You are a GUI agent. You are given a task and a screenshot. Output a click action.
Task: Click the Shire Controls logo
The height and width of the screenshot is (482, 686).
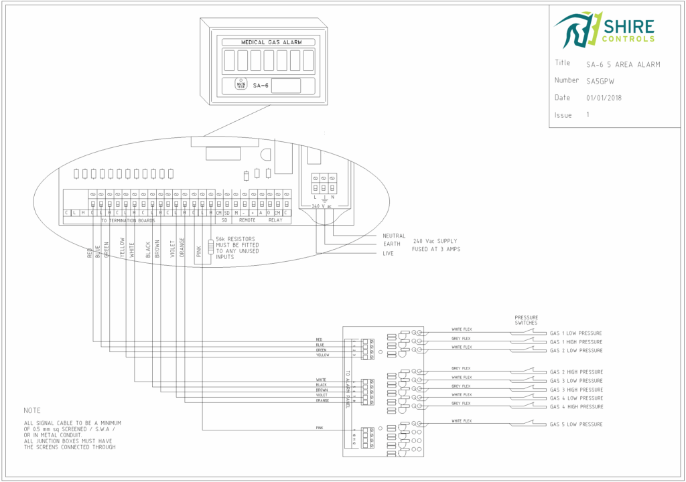point(604,29)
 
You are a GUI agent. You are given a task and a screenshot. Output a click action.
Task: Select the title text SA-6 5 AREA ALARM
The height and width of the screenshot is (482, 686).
point(623,64)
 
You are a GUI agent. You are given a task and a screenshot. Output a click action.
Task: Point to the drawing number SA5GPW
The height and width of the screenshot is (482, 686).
point(600,81)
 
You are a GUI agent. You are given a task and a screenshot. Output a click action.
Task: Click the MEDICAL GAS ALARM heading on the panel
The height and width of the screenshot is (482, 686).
point(268,42)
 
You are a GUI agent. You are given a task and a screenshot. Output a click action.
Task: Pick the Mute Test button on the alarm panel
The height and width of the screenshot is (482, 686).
point(240,85)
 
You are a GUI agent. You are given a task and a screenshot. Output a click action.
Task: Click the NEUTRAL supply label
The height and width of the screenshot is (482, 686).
point(394,236)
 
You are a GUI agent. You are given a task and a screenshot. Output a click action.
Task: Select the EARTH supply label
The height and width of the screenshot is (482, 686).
point(391,244)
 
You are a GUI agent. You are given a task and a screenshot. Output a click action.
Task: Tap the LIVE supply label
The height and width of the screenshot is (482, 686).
point(389,254)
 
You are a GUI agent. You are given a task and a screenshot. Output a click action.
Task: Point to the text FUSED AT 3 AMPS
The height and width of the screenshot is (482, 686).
point(436,249)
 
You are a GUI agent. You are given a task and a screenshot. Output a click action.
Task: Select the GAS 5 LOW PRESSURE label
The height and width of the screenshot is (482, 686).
point(575,424)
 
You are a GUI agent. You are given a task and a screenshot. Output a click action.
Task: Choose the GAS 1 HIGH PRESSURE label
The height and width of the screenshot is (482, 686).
point(575,342)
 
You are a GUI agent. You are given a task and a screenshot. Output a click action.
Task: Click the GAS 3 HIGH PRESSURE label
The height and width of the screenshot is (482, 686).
point(575,390)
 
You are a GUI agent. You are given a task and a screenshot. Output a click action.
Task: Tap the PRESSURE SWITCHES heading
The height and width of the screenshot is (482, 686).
point(526,320)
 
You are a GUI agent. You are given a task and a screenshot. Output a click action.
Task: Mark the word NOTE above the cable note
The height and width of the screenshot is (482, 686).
point(31,410)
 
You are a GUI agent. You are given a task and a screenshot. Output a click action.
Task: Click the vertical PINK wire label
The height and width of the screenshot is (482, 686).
point(199,251)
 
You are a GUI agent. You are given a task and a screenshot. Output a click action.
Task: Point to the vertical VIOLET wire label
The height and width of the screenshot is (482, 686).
point(172,248)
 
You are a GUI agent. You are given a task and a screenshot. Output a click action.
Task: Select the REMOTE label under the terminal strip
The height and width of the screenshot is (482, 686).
point(247,220)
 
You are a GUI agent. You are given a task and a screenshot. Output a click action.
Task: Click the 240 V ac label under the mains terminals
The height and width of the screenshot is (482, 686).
point(324,206)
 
